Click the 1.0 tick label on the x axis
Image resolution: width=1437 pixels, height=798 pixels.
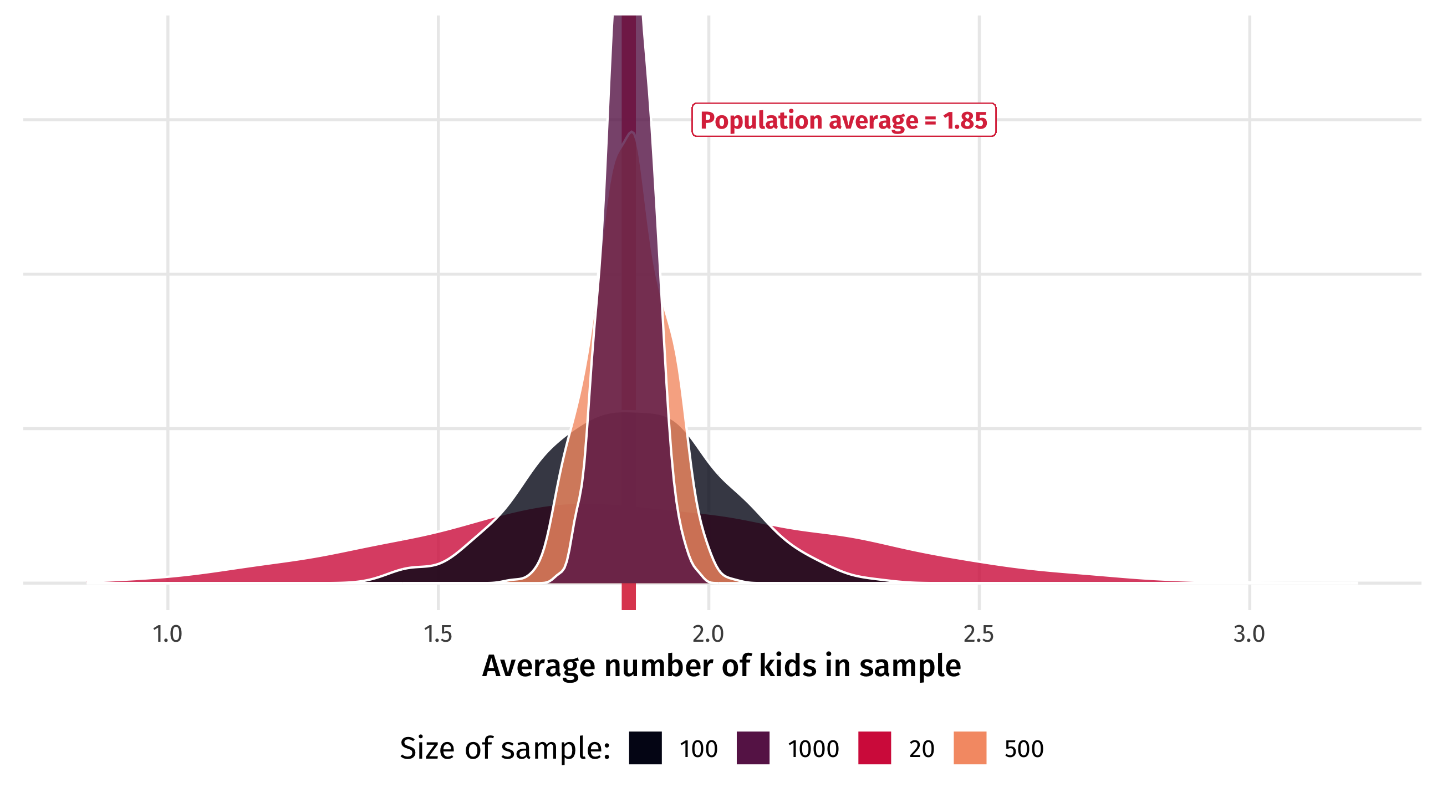coord(167,634)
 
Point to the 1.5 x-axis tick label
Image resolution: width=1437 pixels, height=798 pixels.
coord(438,634)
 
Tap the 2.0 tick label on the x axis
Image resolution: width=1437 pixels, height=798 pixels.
coord(708,634)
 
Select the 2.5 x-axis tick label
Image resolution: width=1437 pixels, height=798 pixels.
coord(979,634)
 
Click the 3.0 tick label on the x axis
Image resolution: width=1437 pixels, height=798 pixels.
coord(1249,634)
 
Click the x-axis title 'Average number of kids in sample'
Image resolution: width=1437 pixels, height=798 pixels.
coord(721,666)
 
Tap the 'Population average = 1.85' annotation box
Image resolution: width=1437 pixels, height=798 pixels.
coord(843,120)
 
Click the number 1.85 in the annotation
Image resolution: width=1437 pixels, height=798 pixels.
coord(965,120)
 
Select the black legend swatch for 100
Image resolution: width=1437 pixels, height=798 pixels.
coord(645,748)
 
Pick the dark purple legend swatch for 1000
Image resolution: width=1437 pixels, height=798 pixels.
coord(752,748)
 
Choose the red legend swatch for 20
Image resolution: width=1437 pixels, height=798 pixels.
coord(874,748)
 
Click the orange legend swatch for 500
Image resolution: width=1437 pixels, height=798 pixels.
coord(970,748)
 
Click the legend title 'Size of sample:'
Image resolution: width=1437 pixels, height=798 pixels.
coord(505,748)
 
